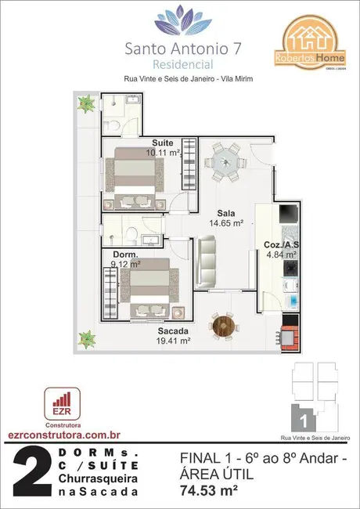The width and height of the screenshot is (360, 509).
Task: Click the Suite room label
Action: click(x=163, y=143)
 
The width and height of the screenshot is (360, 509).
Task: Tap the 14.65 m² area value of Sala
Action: click(x=226, y=223)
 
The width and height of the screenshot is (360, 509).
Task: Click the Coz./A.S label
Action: click(x=279, y=244)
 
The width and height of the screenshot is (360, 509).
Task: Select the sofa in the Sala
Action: click(x=207, y=263)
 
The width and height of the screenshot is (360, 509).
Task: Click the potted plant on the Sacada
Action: click(x=84, y=339)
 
